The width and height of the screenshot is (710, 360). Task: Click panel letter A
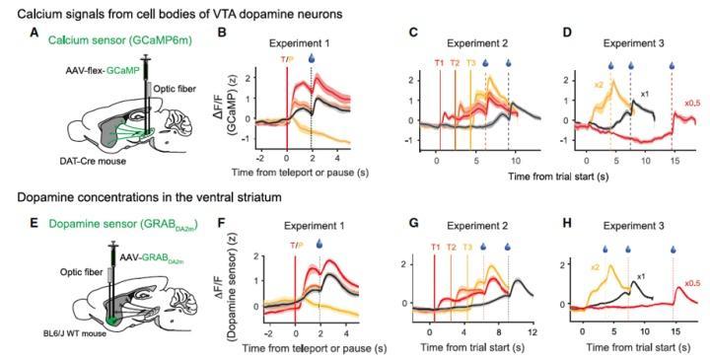point(34,33)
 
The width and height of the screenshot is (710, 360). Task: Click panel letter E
point(34,223)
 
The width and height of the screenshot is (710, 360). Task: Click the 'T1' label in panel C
point(439,63)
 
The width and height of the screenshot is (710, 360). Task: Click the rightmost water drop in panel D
point(672,66)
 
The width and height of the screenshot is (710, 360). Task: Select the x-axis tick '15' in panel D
point(672,162)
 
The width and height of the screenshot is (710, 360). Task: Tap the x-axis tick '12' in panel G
point(532,332)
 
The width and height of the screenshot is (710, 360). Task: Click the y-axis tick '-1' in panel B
point(247,140)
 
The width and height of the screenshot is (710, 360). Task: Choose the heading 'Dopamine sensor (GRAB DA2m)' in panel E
point(123,224)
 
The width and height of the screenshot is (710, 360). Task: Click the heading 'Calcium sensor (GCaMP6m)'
point(120,40)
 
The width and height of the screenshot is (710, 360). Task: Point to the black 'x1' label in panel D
point(645,94)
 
